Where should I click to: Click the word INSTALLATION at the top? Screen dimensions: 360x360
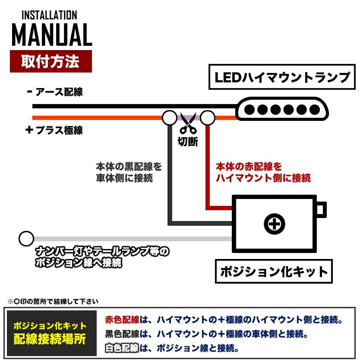pyautogui.click(x=49, y=16)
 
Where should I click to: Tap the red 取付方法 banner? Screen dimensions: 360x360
pyautogui.click(x=51, y=61)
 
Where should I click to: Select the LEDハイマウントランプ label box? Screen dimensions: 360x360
pyautogui.click(x=282, y=77)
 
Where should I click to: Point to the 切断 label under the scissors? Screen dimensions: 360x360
pyautogui.click(x=188, y=142)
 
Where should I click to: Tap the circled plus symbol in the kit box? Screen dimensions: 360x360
pyautogui.click(x=275, y=224)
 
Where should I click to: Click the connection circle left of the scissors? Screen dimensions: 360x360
pyautogui.click(x=169, y=117)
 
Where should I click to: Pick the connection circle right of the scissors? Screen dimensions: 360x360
pyautogui.click(x=208, y=117)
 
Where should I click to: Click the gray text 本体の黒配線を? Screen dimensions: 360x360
pyautogui.click(x=129, y=166)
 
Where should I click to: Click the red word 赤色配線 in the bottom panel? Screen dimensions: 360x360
pyautogui.click(x=122, y=320)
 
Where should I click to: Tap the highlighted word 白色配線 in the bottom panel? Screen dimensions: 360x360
pyautogui.click(x=122, y=347)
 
